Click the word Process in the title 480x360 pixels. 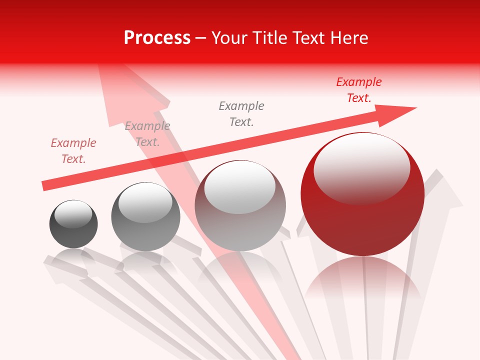(157, 38)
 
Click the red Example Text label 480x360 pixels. (359, 90)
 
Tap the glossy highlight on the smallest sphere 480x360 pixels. (73, 214)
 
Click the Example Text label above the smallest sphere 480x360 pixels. (73, 151)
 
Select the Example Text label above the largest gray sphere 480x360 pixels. (241, 113)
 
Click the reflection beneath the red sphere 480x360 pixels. (363, 280)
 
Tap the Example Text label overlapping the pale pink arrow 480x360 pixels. (147, 134)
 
